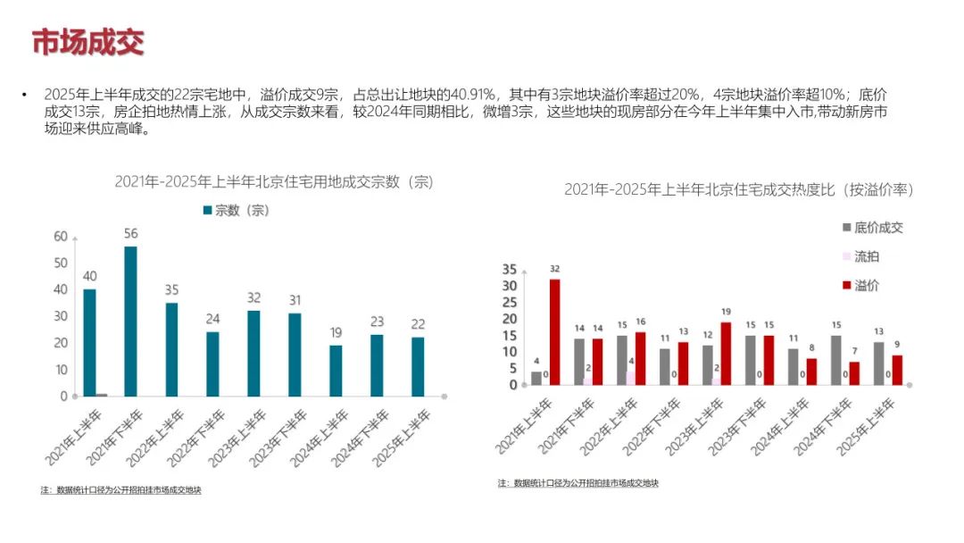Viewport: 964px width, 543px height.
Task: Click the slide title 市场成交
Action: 87,42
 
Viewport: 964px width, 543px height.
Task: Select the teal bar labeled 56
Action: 130,321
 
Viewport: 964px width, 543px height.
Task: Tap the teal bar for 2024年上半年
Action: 336,370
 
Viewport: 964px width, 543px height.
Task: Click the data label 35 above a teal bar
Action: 171,290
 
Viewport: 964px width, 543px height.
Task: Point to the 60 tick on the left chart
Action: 61,237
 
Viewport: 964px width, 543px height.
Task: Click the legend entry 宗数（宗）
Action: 236,210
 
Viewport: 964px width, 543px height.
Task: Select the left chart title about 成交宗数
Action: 273,181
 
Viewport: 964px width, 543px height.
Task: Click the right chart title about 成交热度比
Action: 739,190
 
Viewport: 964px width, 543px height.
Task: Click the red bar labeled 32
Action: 554,331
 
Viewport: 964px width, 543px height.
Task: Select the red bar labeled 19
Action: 726,353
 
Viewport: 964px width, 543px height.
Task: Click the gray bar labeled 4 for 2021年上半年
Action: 536,378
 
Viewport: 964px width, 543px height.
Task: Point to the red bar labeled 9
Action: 897,370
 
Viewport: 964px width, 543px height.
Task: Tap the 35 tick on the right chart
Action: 510,269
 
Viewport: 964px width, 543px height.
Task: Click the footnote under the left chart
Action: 120,490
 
